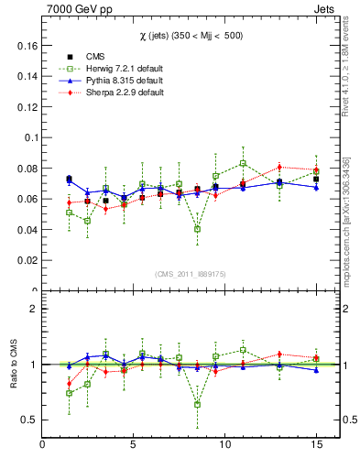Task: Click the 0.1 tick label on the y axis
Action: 29,137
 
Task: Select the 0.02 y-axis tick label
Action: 26,260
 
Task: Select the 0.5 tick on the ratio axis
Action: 29,420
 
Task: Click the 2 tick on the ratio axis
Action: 34,309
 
